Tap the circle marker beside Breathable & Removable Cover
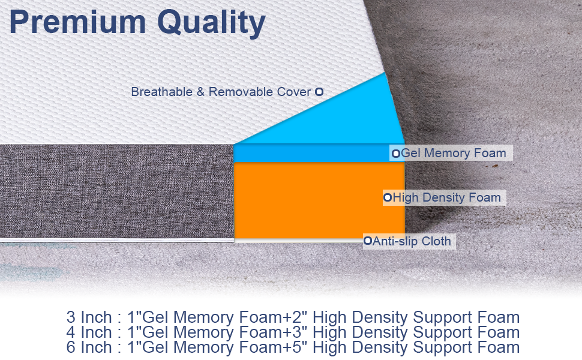(x=319, y=92)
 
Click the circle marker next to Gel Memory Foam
(x=396, y=154)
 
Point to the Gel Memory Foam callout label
(x=454, y=153)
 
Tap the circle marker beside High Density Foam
(x=388, y=197)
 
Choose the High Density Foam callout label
(x=447, y=197)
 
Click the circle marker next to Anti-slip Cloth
(x=367, y=241)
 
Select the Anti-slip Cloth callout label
(x=412, y=241)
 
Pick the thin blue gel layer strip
(x=312, y=153)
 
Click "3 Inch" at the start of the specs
(x=89, y=317)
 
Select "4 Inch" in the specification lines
(x=89, y=332)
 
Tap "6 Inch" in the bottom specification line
(x=89, y=347)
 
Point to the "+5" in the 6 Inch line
(x=298, y=347)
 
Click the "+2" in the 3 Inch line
(x=298, y=317)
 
